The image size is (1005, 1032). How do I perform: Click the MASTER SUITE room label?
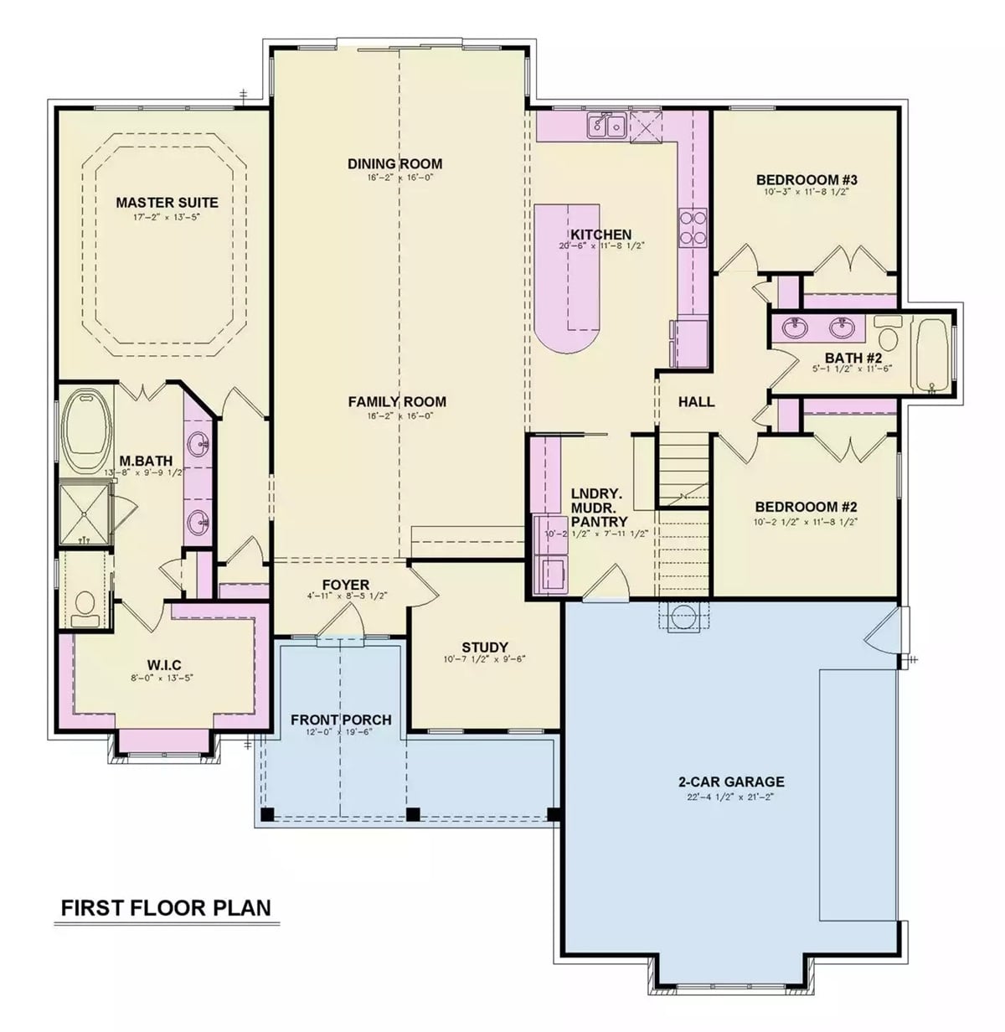click(167, 203)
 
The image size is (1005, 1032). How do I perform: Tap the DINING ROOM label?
click(394, 163)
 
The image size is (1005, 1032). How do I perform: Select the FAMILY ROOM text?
click(397, 402)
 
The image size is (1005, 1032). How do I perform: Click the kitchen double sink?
click(607, 126)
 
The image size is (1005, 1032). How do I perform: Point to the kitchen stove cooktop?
click(694, 227)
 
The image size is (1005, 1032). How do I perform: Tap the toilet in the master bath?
click(85, 606)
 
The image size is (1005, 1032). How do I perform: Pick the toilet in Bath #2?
click(888, 330)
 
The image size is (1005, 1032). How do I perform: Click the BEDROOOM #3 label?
click(807, 180)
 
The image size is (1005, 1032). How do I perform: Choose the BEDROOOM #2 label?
click(806, 507)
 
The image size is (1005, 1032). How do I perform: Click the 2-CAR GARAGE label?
click(731, 782)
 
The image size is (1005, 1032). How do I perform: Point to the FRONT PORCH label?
click(341, 720)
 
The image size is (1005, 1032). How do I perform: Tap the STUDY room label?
click(485, 648)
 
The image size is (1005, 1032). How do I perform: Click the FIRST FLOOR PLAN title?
click(166, 908)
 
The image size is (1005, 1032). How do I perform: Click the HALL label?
click(696, 402)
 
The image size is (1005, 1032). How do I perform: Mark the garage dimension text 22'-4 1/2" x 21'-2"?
click(731, 797)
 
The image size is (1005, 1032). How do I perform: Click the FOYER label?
click(346, 585)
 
